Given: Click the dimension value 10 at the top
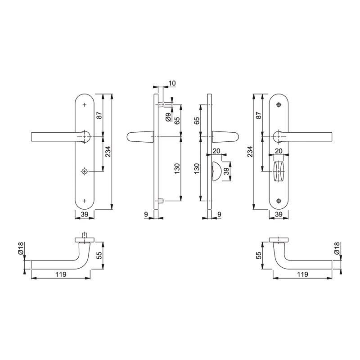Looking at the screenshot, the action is click(x=172, y=83).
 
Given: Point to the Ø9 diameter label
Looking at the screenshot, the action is click(x=168, y=117).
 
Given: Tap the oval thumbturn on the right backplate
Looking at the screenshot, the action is click(x=279, y=171).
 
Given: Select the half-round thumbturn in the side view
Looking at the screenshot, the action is click(x=216, y=171).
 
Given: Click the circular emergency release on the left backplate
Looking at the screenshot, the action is click(x=85, y=171).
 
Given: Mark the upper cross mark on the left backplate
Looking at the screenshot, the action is click(x=85, y=105).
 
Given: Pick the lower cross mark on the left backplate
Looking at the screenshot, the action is click(x=85, y=201).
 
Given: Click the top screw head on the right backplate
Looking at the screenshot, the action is click(x=279, y=105).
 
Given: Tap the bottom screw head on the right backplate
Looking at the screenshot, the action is click(x=279, y=201).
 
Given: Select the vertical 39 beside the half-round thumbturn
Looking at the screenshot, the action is click(x=227, y=171).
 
